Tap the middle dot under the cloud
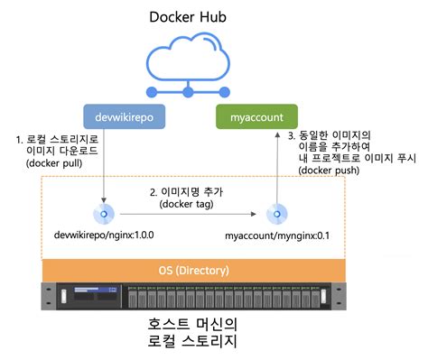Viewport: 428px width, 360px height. (188, 92)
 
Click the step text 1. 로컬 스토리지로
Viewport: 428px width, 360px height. (56, 140)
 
